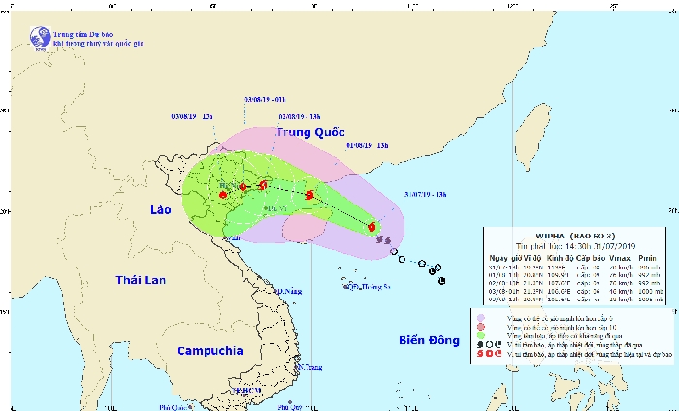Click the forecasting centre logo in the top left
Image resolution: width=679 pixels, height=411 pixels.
(39, 37)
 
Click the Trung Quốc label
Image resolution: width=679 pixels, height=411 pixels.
(308, 134)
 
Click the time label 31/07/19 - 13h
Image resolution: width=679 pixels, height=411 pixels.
(427, 195)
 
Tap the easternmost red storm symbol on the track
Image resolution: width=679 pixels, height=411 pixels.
(372, 228)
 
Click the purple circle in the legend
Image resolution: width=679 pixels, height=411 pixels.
(482, 317)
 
